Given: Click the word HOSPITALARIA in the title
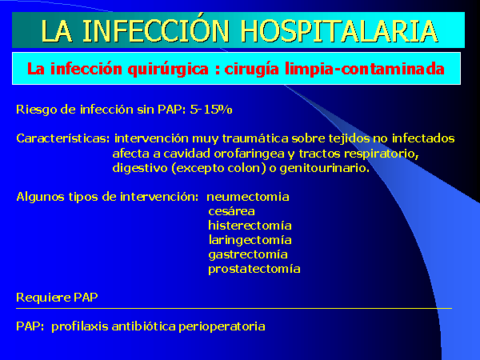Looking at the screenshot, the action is (339, 31).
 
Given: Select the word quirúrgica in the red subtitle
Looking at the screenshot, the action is (168, 70).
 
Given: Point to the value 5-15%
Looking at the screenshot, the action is (211, 110).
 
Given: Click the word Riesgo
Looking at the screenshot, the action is (37, 110).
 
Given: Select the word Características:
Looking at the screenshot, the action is (62, 138).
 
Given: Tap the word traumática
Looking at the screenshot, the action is (255, 138).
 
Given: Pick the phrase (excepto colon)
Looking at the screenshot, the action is (219, 168).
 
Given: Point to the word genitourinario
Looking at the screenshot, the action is (325, 168).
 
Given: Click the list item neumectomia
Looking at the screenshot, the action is (248, 197).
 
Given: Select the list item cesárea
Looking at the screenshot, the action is (231, 211).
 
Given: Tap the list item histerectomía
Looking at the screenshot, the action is (250, 226).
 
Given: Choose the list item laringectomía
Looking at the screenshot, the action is (250, 240).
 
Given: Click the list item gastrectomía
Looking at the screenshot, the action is (248, 254).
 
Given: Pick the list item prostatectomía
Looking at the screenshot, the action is (254, 269).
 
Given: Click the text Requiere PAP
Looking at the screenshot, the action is (57, 298).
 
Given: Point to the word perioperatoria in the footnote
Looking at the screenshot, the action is (222, 326).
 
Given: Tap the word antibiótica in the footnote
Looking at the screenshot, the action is (143, 326).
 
